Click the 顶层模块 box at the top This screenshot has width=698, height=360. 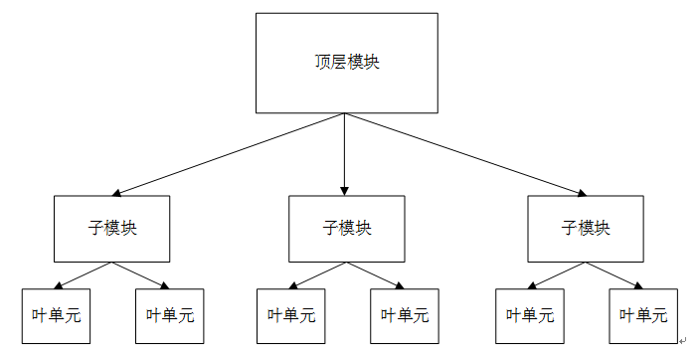(x=346, y=63)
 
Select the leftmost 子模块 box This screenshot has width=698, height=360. (x=112, y=228)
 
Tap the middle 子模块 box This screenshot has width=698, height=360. (x=346, y=228)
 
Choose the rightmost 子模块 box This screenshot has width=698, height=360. (x=585, y=228)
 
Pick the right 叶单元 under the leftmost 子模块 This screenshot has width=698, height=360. (x=169, y=316)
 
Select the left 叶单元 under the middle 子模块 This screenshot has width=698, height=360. (x=290, y=316)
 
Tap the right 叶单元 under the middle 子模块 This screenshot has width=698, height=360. (x=404, y=316)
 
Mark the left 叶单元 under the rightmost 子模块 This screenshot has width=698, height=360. (x=529, y=316)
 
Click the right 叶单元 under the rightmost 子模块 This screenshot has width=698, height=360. (x=642, y=316)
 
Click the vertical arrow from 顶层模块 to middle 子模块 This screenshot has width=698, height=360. (x=345, y=154)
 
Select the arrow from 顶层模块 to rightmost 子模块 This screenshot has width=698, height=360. (x=464, y=154)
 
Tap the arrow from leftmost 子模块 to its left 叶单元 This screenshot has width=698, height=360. (x=84, y=274)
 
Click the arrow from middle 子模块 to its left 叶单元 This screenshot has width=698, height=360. (x=318, y=274)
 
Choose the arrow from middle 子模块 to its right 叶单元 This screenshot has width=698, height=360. (x=375, y=274)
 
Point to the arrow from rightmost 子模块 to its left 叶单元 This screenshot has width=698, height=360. (x=557, y=274)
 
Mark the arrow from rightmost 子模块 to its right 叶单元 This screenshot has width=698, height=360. (x=613, y=274)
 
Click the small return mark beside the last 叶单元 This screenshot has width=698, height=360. (x=683, y=341)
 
